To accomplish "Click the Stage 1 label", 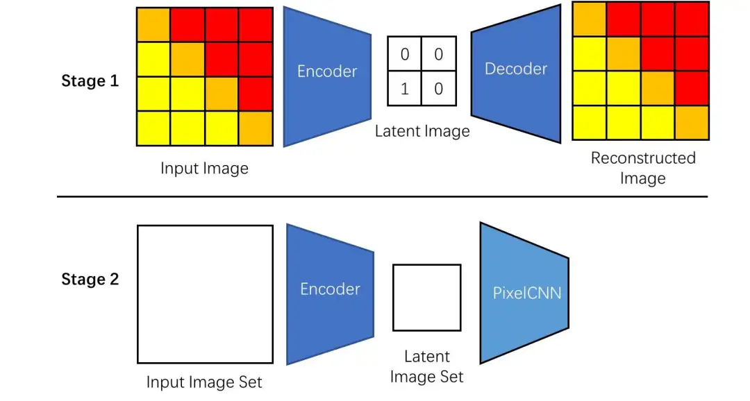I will (90, 80).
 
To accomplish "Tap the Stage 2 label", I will (90, 280).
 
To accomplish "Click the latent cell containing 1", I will (404, 89).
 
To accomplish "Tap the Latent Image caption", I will (422, 131).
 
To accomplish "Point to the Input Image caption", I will (204, 169).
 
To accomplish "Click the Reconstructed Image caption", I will (642, 168).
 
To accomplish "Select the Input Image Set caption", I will (204, 382).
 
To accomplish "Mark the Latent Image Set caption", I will (426, 367).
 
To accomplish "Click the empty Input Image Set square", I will (205, 293).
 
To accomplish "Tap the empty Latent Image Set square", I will (426, 297).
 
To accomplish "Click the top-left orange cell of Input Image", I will (153, 24).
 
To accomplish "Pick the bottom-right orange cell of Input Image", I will (256, 128).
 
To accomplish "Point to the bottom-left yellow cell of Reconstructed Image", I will (589, 123).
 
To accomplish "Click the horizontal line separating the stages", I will (382, 196).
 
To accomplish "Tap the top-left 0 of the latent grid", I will (404, 54).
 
